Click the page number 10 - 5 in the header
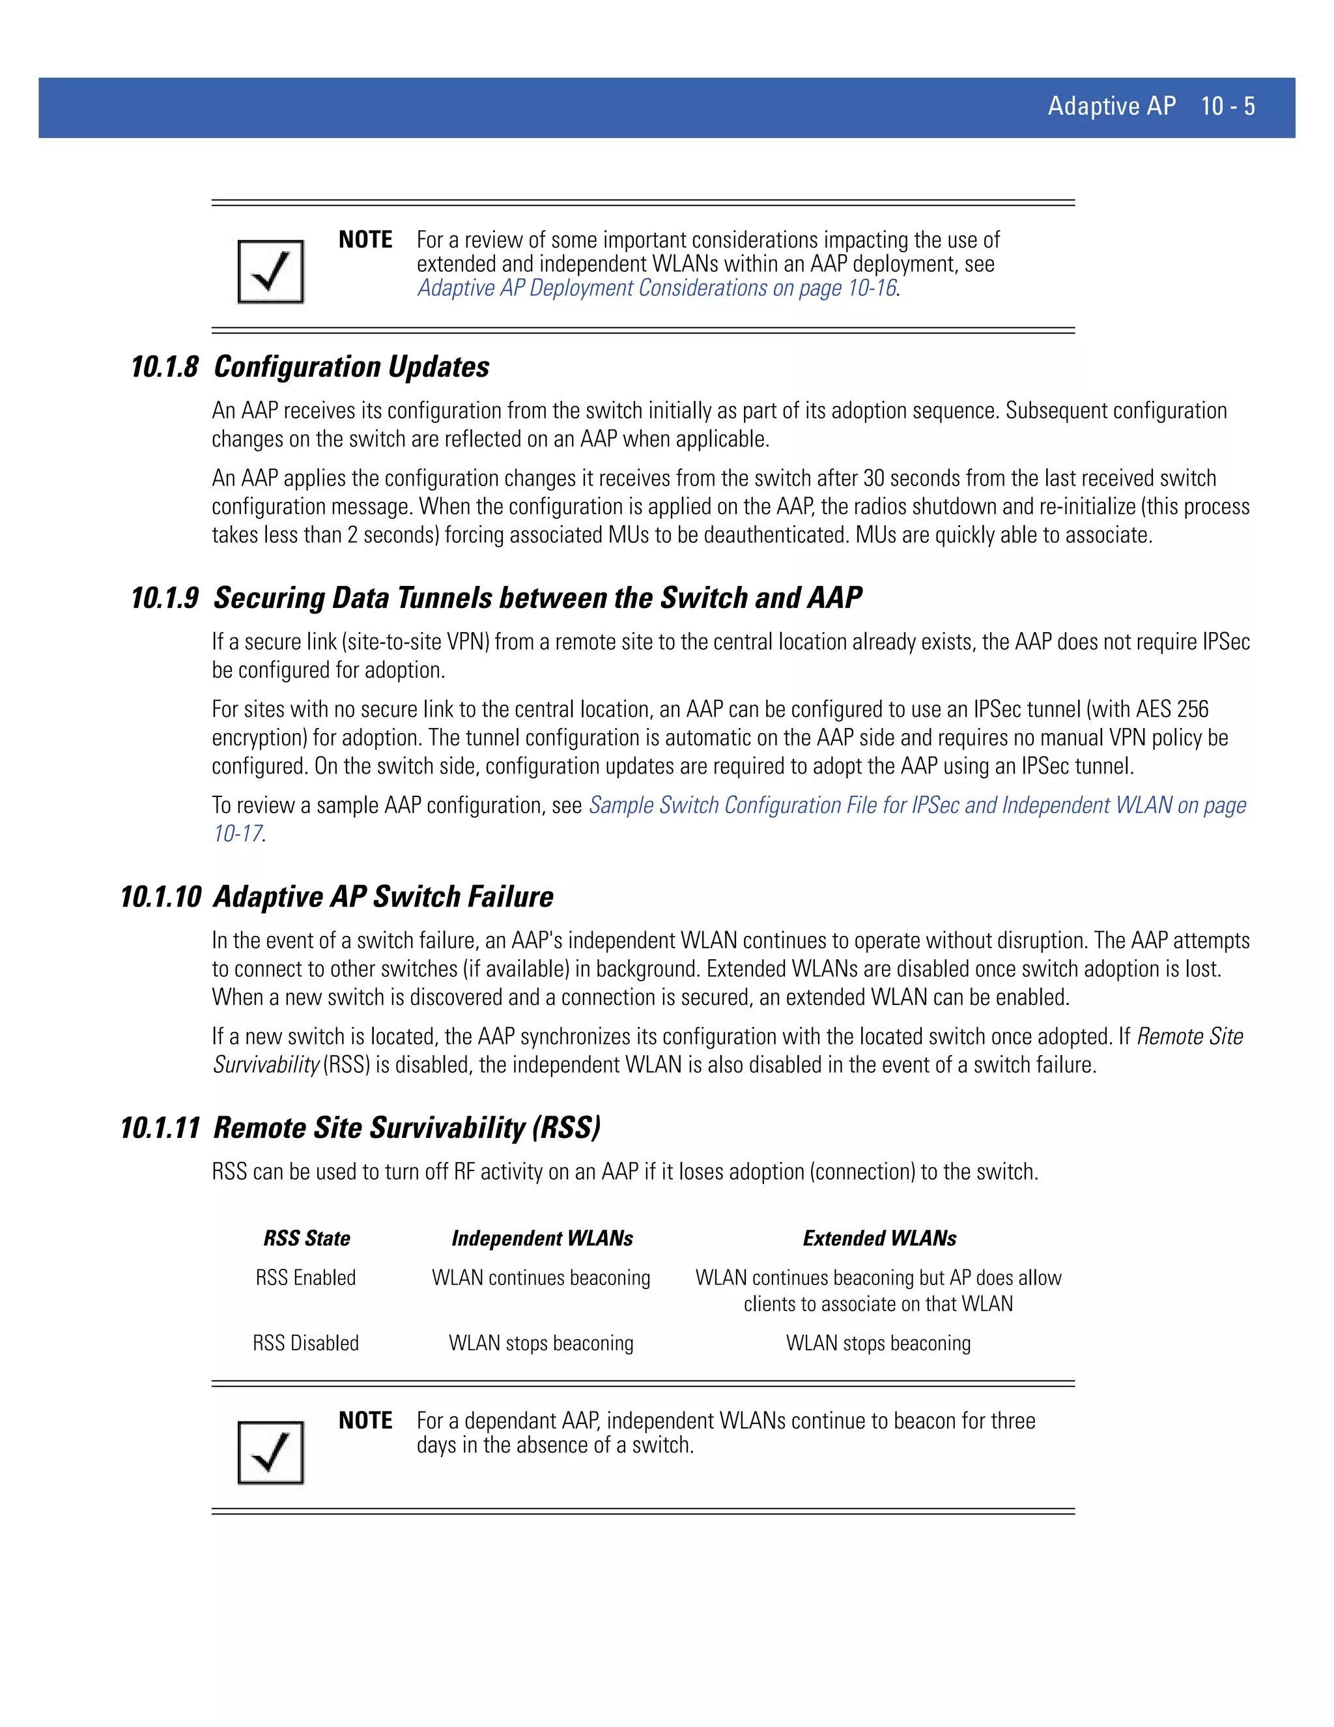pos(1227,106)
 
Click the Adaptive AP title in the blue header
pos(1111,106)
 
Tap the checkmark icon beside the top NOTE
pos(270,271)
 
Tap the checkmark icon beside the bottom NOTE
pos(270,1453)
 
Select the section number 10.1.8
pos(164,368)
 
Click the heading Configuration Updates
pos(352,368)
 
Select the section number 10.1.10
pos(160,897)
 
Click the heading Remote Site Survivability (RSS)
pos(407,1128)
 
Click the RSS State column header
pos(307,1238)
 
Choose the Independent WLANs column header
pos(542,1238)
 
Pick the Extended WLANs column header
pos(879,1238)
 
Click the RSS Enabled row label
pos(306,1278)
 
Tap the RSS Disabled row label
pos(306,1344)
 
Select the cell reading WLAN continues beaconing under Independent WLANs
pos(541,1278)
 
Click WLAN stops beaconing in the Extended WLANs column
pos(878,1344)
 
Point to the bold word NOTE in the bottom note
pos(365,1421)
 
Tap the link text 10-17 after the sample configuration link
pos(237,834)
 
